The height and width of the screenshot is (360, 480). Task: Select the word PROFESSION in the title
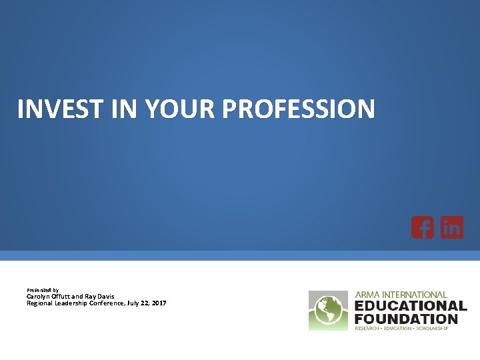tap(299, 109)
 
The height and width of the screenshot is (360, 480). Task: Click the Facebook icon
tap(423, 228)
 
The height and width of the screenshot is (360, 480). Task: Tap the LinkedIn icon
tap(452, 228)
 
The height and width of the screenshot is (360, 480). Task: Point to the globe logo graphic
tap(329, 310)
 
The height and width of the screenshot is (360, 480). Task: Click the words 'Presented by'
tap(43, 290)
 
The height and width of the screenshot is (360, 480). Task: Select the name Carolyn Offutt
tap(47, 297)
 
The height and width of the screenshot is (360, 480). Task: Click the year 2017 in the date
tap(159, 303)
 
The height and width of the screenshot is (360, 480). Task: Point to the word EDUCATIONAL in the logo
tap(411, 306)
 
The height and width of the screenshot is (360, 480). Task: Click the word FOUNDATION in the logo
tap(406, 318)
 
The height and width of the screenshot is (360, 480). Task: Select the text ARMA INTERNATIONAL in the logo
tap(401, 295)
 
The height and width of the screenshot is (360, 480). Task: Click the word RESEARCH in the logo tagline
tap(368, 328)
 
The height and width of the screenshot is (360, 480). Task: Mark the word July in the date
tap(133, 303)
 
